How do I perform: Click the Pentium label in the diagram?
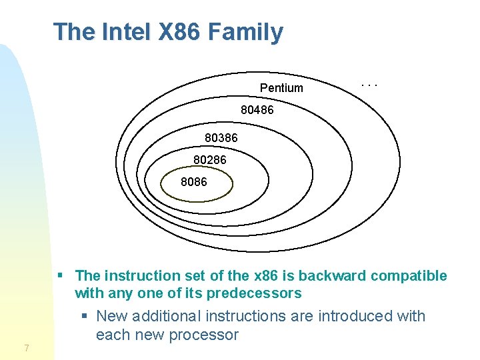pos(281,88)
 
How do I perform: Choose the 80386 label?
pos(221,138)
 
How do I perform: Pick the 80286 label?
pos(210,160)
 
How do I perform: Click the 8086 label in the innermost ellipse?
pos(194,181)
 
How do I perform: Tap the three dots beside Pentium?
pos(369,85)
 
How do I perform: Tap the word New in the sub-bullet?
pos(111,316)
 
